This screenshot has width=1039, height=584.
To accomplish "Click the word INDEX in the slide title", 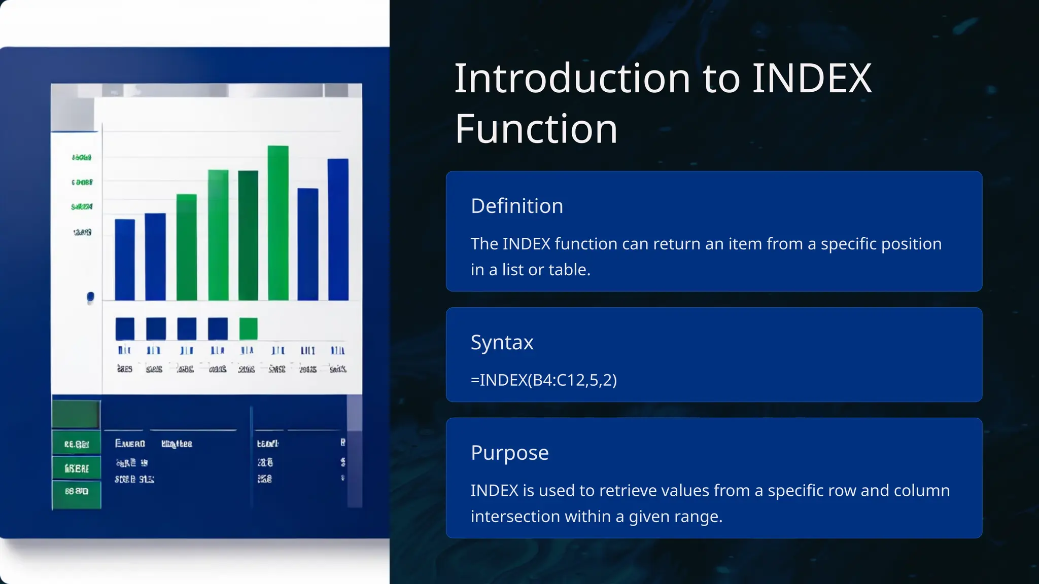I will point(811,79).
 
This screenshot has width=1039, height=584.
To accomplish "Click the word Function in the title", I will point(536,129).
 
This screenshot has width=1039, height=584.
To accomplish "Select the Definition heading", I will point(516,206).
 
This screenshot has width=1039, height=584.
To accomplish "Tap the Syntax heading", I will point(502,343).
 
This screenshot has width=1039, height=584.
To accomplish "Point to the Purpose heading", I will point(509,453).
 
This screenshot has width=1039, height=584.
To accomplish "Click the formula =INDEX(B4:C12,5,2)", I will point(543,380).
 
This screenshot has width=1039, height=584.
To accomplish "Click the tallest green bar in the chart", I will point(278,223).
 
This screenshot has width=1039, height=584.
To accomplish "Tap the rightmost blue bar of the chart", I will point(338,229).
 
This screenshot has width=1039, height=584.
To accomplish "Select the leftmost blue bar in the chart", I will point(125,260).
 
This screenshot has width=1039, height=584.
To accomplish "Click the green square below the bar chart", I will point(248,328).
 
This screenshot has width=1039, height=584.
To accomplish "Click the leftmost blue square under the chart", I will point(125,328).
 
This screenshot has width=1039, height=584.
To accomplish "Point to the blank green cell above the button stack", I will point(76,414).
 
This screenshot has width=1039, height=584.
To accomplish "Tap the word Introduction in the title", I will point(572,79).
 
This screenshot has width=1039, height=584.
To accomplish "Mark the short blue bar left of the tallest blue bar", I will point(307,244).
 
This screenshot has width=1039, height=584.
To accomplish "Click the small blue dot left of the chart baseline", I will point(90,297).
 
